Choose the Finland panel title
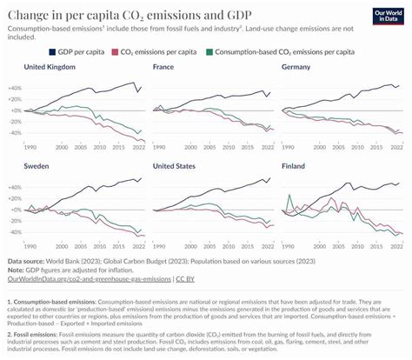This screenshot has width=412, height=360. coord(294,164)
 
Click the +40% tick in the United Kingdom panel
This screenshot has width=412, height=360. coord(12,89)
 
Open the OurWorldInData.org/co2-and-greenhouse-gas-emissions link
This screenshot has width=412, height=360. coord(89,277)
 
